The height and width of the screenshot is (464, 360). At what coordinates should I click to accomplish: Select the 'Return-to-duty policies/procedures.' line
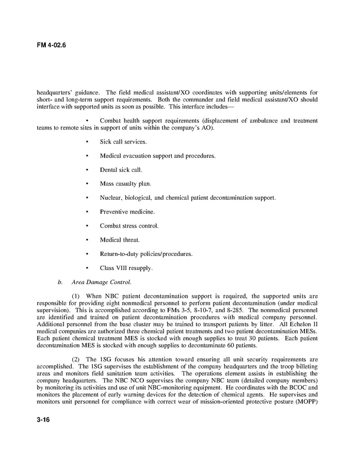(146, 254)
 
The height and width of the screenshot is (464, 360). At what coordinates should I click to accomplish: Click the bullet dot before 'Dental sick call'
(87, 169)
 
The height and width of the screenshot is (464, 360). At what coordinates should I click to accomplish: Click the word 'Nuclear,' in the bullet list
(111, 198)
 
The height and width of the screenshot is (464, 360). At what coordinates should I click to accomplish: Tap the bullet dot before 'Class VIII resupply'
(87, 268)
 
